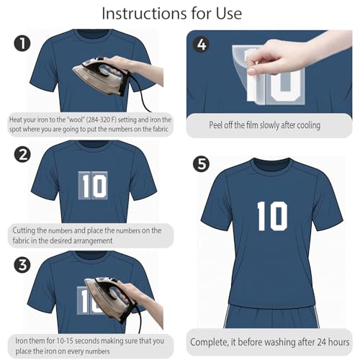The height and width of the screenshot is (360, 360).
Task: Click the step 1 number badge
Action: coord(22,43)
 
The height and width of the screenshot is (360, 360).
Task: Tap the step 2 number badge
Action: coord(22,154)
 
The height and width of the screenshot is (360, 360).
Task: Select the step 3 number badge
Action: coord(22,265)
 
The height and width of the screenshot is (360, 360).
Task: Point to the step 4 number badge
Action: coord(202,45)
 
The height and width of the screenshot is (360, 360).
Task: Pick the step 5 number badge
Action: coord(202,164)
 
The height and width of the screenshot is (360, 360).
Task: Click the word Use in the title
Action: coord(229,14)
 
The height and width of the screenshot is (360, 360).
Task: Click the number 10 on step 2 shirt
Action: coord(94,186)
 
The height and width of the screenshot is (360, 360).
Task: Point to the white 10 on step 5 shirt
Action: coord(272,216)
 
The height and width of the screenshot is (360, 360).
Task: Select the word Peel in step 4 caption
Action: coord(215,125)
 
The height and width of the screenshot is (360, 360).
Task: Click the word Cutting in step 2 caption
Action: coord(24,231)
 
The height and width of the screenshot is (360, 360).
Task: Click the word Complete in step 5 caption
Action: coord(209,343)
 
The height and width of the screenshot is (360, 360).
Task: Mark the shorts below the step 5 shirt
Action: coord(271,316)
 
